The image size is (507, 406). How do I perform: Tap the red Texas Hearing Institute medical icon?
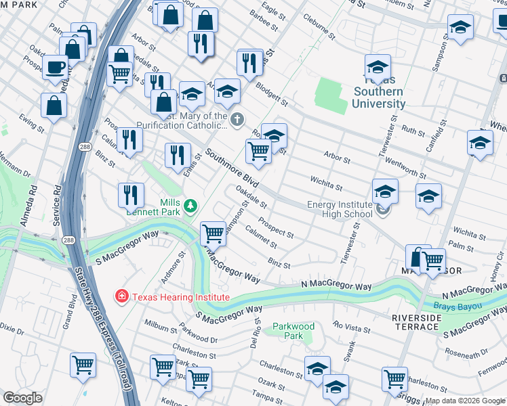tap(121, 296)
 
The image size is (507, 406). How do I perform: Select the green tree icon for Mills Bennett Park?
tap(191, 204)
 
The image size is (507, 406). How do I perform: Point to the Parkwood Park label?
tap(292, 331)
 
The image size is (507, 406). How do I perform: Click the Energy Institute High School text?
tap(340, 209)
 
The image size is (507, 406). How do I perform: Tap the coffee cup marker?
tap(55, 66)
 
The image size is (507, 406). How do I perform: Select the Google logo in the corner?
tap(23, 397)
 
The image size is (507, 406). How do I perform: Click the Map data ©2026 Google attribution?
tap(464, 401)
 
